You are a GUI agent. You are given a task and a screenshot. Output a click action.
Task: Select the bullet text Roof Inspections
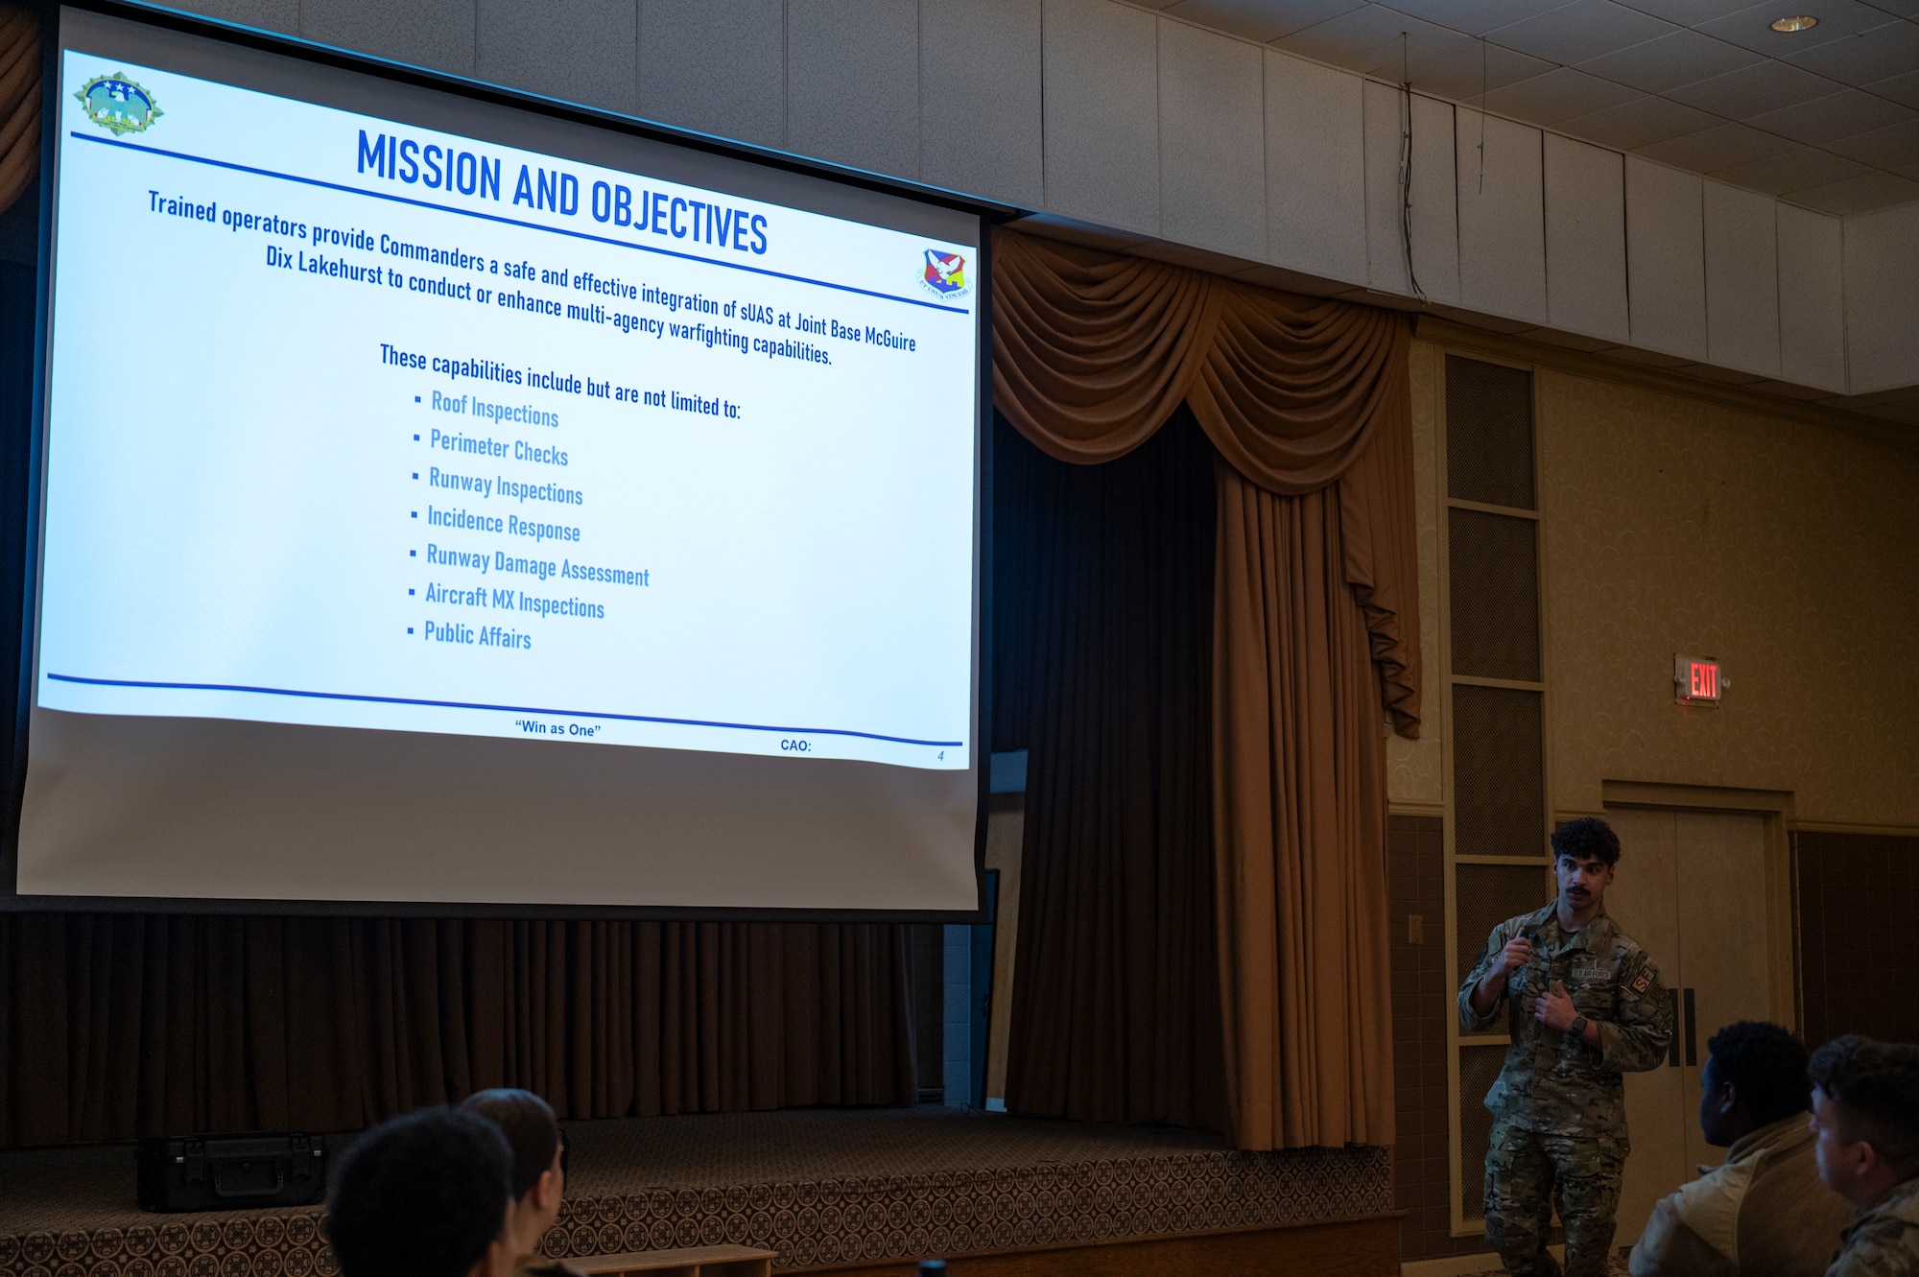pos(494,408)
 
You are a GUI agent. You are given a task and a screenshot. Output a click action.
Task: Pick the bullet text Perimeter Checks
pos(499,447)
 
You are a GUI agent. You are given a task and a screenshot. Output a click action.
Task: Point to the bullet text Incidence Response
pos(504,524)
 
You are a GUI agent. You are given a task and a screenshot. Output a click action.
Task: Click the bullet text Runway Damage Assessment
pos(537,566)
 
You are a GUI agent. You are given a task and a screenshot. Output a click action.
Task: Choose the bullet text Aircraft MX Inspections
pos(514,601)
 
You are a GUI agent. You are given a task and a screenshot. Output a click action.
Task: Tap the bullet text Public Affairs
pos(477,635)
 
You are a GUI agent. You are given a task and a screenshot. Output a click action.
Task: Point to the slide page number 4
pos(940,756)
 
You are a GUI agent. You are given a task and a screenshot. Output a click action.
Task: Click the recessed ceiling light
pos(1793,24)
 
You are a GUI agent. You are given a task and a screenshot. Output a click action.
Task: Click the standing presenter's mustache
pos(1579,892)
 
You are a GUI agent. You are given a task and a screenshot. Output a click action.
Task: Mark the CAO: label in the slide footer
pos(795,745)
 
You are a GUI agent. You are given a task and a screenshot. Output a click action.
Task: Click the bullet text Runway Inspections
pos(506,485)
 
